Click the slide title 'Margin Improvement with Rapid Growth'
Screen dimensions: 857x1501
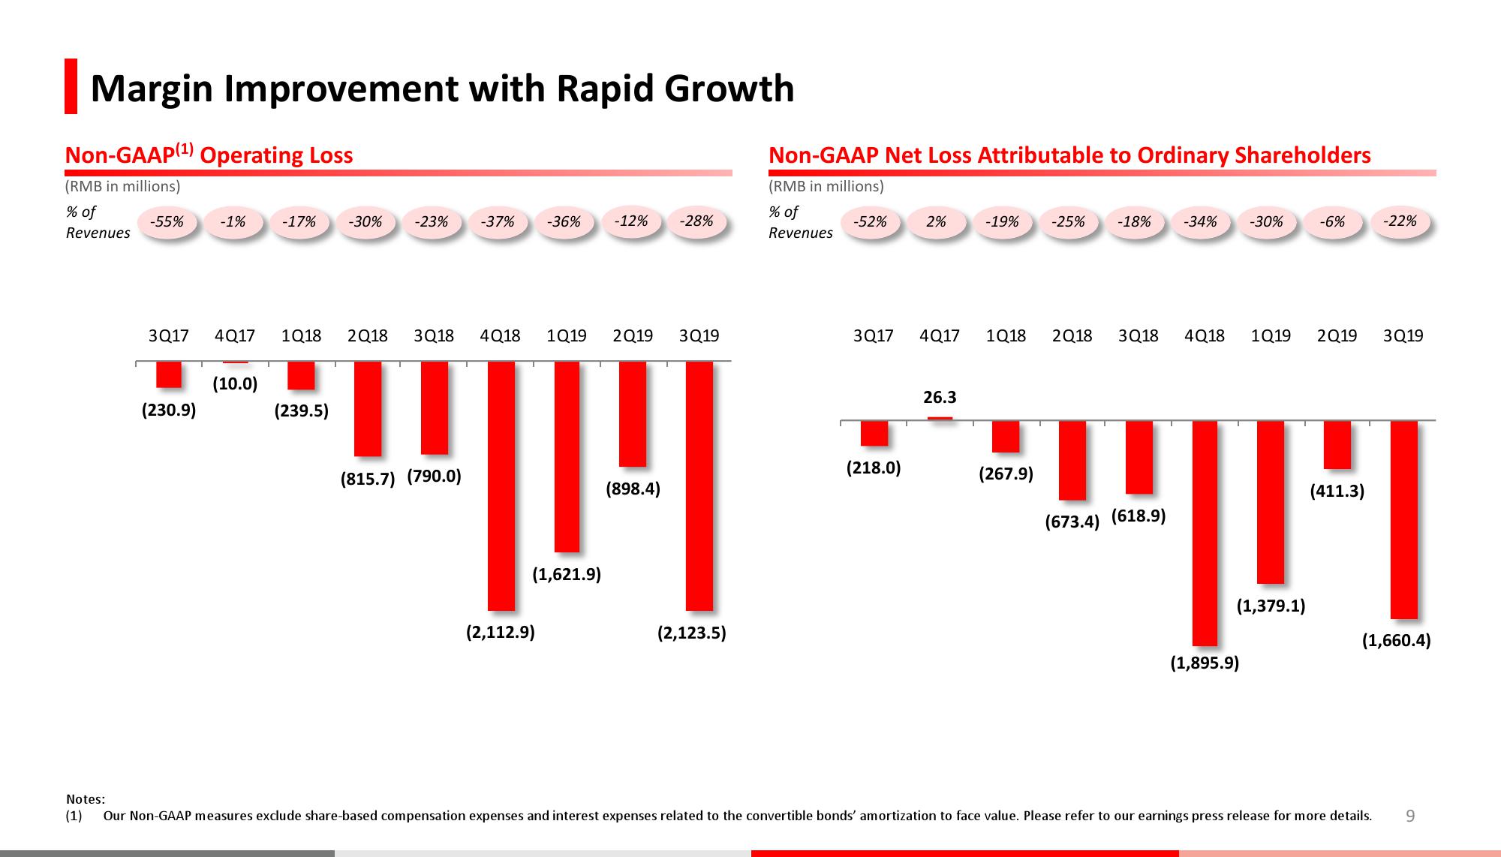pyautogui.click(x=441, y=88)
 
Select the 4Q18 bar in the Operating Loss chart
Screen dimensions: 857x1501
pyautogui.click(x=501, y=486)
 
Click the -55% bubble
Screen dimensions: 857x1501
pyautogui.click(x=167, y=222)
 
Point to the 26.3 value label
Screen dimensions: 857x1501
pyautogui.click(x=940, y=397)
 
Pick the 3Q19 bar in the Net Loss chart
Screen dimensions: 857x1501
pyautogui.click(x=1403, y=519)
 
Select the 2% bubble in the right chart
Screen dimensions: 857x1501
pyautogui.click(x=936, y=222)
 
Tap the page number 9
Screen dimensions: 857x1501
pyautogui.click(x=1409, y=816)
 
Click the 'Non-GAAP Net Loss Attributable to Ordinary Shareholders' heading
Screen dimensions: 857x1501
pyautogui.click(x=1069, y=155)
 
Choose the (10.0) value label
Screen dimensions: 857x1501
pyautogui.click(x=235, y=384)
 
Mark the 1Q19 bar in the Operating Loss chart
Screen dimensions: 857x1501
pyautogui.click(x=567, y=456)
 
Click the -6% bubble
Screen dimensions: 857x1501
pyautogui.click(x=1332, y=222)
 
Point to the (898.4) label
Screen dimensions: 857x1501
pyautogui.click(x=633, y=489)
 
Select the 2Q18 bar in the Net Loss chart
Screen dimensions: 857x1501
pyautogui.click(x=1072, y=460)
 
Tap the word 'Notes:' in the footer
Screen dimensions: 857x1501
pyautogui.click(x=86, y=799)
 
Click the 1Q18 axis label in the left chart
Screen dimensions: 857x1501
pyautogui.click(x=301, y=336)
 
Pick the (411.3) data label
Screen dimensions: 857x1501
pyautogui.click(x=1337, y=492)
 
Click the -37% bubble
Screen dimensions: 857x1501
pyautogui.click(x=498, y=222)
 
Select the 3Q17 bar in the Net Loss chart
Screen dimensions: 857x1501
pyautogui.click(x=874, y=433)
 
